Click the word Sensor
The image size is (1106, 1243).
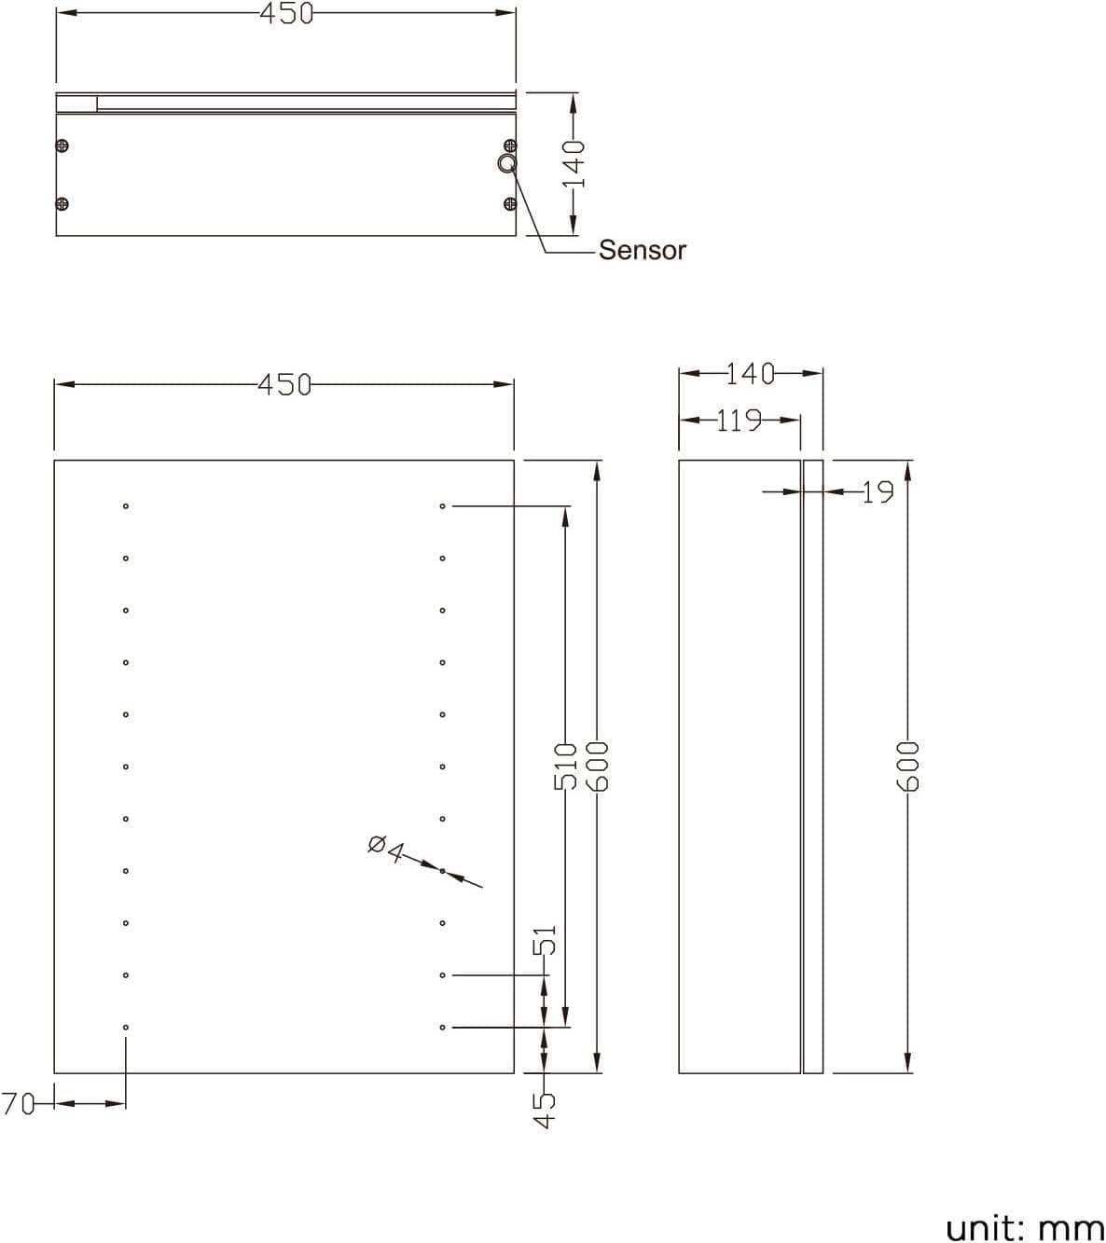coord(642,250)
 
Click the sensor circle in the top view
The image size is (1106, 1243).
coord(506,164)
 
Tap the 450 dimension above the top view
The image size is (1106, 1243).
coord(285,13)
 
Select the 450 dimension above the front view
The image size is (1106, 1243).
coord(284,384)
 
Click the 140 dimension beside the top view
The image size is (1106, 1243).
coord(574,163)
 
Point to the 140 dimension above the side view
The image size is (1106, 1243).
coord(750,374)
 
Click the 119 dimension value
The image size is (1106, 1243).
coord(739,421)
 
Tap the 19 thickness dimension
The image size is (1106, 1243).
coord(877,491)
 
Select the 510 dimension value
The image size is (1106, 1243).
coord(565,766)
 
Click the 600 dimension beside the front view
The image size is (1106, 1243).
coord(597,766)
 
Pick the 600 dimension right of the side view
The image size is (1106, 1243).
coord(908,766)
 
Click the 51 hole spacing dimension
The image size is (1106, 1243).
coord(546,940)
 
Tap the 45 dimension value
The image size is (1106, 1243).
coord(545,1110)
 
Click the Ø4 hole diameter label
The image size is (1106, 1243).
coord(385,849)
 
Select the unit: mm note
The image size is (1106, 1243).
coord(1024,1228)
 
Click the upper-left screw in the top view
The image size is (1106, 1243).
coord(62,145)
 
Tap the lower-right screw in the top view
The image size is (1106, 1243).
coord(509,204)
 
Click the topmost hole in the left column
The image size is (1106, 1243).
coord(126,506)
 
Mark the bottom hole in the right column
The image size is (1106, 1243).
coord(443,1028)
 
